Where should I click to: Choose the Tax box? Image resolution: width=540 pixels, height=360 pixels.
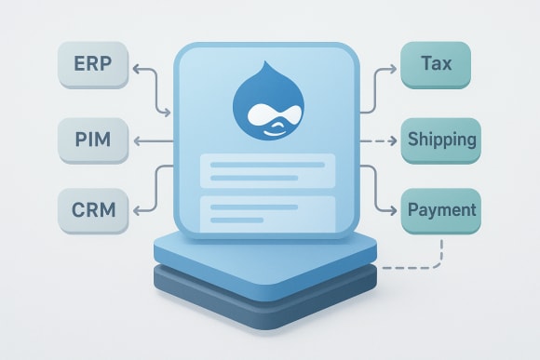pyautogui.click(x=437, y=65)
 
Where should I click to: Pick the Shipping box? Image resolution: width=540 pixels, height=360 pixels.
pyautogui.click(x=442, y=140)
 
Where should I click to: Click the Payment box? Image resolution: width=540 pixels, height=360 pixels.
pyautogui.click(x=442, y=210)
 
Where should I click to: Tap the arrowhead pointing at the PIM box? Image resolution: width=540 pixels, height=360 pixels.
pyautogui.click(x=137, y=141)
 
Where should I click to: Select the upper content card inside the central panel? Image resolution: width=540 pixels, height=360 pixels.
pyautogui.click(x=268, y=172)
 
